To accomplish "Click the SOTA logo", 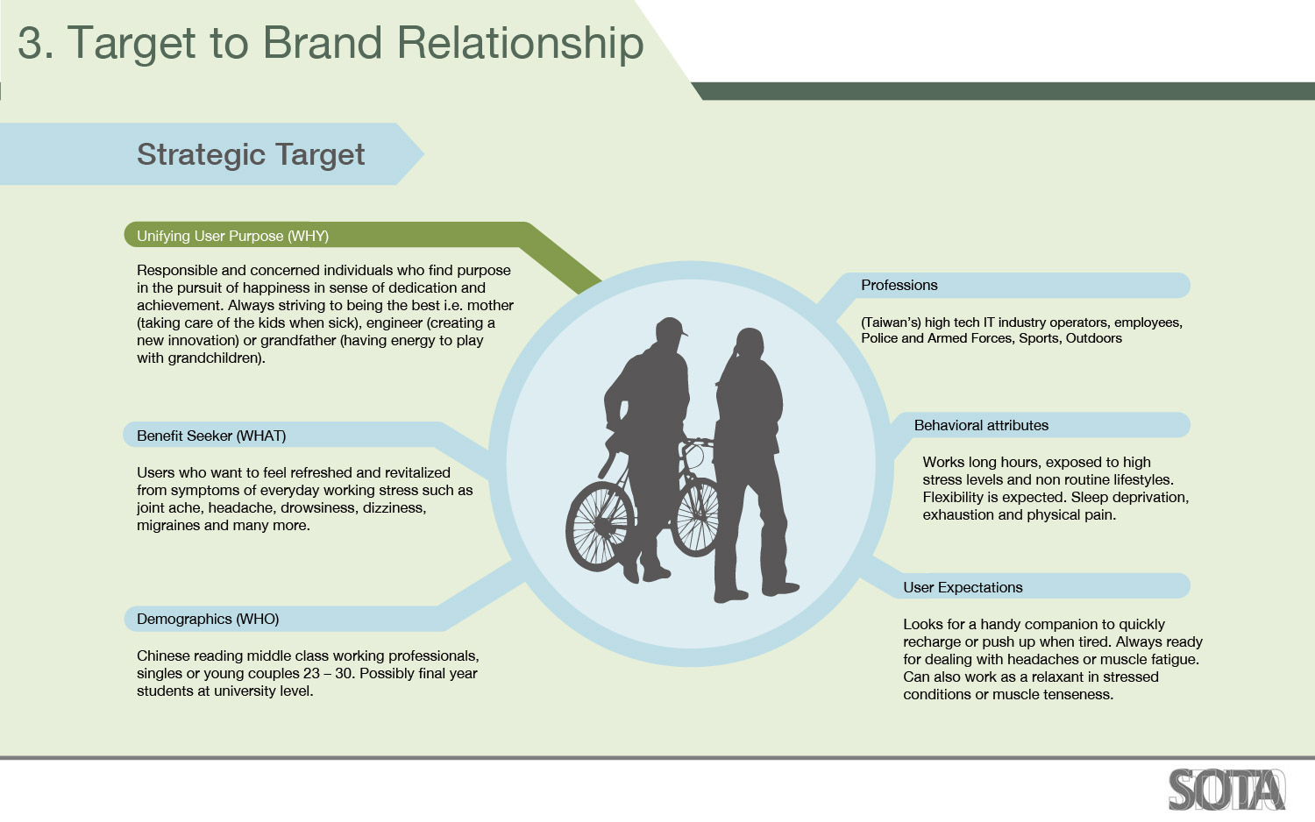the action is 1226,790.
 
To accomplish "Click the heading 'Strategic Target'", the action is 251,155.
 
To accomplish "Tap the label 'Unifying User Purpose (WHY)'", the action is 232,236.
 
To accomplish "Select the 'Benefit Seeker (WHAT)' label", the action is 211,436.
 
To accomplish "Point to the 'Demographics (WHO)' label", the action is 208,619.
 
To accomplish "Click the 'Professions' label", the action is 899,285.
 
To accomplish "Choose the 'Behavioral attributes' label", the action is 981,425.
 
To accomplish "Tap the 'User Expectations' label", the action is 963,587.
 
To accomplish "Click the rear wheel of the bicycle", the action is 600,526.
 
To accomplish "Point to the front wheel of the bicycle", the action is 696,516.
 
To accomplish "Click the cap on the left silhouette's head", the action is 671,327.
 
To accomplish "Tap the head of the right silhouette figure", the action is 750,343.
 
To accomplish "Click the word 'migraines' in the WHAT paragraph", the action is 168,525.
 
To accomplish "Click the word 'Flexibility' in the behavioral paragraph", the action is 954,498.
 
